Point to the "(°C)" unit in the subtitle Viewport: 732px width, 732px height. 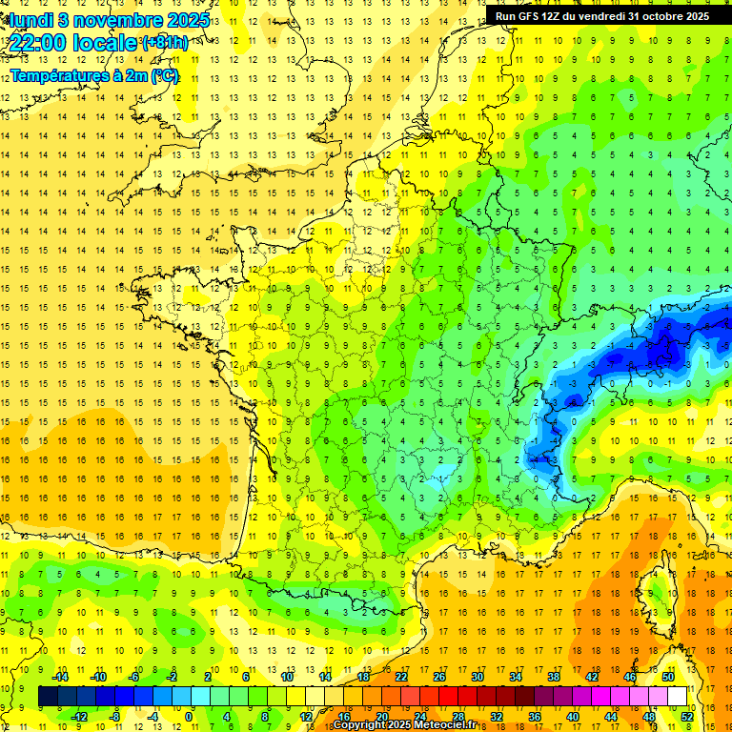coord(163,74)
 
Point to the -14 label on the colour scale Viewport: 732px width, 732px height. coord(60,677)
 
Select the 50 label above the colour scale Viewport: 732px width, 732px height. coord(668,677)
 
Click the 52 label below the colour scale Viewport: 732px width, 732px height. coord(687,716)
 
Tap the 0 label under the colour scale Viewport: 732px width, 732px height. coord(189,716)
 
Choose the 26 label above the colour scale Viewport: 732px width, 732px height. coord(439,677)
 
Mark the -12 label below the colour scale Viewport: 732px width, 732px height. coord(79,716)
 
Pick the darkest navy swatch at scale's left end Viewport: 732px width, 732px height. coord(48,697)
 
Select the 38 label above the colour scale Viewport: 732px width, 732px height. coord(554,677)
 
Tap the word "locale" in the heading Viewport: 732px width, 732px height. coord(102,43)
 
